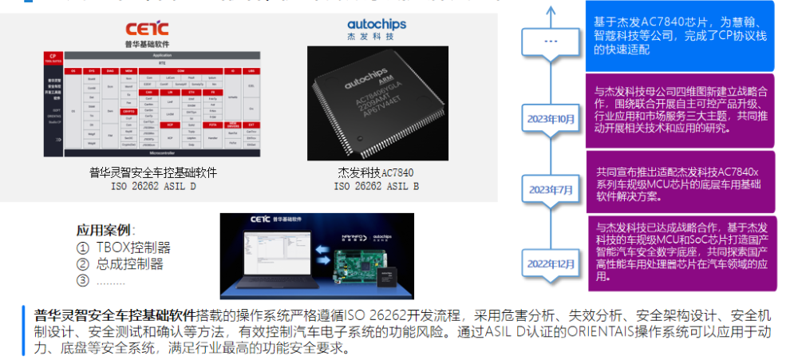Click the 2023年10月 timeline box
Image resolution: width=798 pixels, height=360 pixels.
[x=551, y=118]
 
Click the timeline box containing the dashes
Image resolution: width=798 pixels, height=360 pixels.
[x=551, y=42]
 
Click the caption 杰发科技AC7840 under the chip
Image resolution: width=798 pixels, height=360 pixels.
[x=376, y=172]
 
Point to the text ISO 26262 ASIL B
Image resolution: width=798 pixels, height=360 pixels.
[x=376, y=186]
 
